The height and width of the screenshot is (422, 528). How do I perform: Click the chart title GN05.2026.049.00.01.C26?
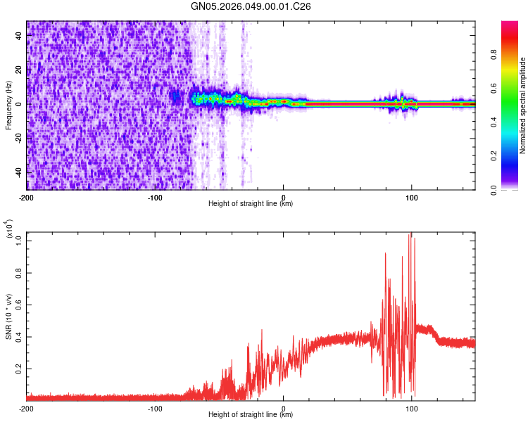251,6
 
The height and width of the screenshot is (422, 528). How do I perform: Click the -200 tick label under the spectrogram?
27,196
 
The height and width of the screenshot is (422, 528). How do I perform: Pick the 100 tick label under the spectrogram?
412,196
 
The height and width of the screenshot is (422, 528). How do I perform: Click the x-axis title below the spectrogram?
251,204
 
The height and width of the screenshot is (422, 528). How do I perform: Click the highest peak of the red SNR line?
411,234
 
